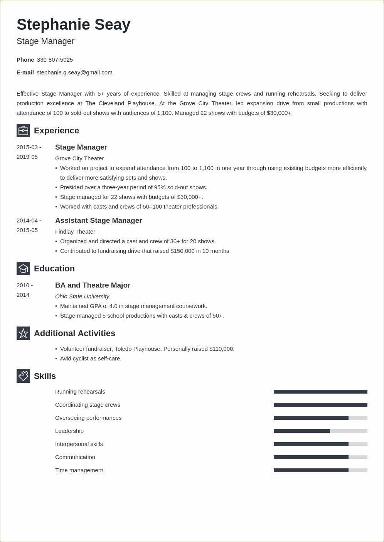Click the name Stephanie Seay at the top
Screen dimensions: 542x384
pyautogui.click(x=73, y=25)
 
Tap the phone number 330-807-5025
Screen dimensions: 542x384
pyautogui.click(x=55, y=60)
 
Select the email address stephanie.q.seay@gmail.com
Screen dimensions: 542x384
pyautogui.click(x=74, y=72)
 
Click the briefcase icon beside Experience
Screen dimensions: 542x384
pyautogui.click(x=23, y=131)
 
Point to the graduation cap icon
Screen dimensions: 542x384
pyautogui.click(x=23, y=269)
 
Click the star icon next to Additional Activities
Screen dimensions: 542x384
pyautogui.click(x=23, y=333)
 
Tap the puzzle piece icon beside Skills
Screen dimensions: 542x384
pyautogui.click(x=23, y=376)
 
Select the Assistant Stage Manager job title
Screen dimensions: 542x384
pyautogui.click(x=98, y=221)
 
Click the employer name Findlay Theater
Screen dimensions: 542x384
pyautogui.click(x=75, y=232)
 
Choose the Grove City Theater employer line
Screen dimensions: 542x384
pyautogui.click(x=79, y=158)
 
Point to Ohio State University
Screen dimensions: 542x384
pyautogui.click(x=82, y=296)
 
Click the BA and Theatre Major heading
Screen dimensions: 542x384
pyautogui.click(x=93, y=285)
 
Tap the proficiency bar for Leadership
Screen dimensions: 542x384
pyautogui.click(x=320, y=431)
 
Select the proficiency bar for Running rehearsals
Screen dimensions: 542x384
pyautogui.click(x=320, y=392)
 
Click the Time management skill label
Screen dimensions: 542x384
pyautogui.click(x=79, y=470)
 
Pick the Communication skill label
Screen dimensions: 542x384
pyautogui.click(x=75, y=457)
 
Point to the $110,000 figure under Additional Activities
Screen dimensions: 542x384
pyautogui.click(x=222, y=349)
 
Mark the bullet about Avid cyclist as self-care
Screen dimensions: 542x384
pyautogui.click(x=91, y=359)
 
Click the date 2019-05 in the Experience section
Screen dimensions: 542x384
pyautogui.click(x=27, y=157)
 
